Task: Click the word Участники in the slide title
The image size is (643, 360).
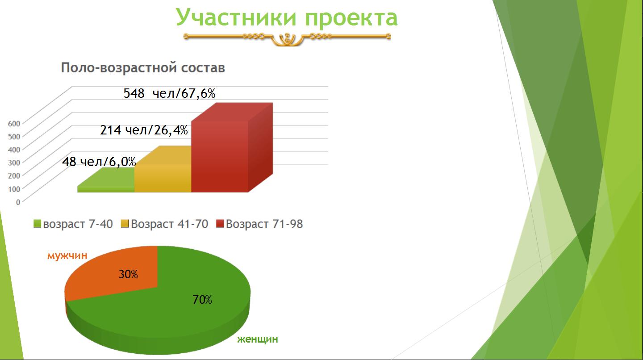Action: point(236,18)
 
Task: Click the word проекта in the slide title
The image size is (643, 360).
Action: point(351,19)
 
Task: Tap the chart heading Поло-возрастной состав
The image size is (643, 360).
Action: point(143,68)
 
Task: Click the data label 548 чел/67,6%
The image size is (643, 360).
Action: point(169,94)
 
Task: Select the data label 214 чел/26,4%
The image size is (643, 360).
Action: point(144,130)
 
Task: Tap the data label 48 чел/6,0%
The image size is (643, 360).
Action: point(99,162)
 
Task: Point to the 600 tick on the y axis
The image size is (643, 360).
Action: point(14,124)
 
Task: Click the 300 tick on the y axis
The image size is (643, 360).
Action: point(14,163)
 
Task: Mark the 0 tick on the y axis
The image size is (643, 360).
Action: point(18,202)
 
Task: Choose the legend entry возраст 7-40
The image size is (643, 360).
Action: point(73,224)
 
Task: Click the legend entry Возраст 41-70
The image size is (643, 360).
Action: point(164,224)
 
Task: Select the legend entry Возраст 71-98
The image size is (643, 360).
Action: point(259,224)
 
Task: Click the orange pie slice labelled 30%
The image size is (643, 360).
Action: point(115,273)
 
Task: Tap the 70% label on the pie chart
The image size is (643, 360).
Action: point(202,300)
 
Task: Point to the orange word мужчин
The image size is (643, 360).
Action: point(67,255)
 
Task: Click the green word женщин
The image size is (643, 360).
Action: point(258,339)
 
